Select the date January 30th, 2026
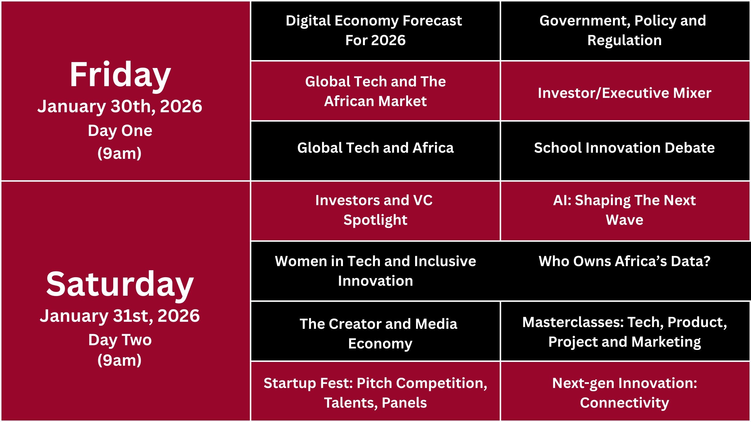[120, 106]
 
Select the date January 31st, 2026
[120, 316]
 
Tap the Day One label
[120, 131]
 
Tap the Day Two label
[120, 340]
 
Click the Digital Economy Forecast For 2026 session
[375, 31]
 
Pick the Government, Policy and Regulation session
[625, 31]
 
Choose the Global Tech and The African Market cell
[375, 91]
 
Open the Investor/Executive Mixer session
[625, 91]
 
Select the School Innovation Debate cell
[625, 151]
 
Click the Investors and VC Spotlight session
[375, 211]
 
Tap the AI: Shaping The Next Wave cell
[625, 211]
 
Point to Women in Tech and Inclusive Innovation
[375, 271]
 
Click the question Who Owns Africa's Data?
[625, 261]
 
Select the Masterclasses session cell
[625, 331]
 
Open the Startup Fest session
[375, 391]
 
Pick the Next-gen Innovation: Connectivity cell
[625, 391]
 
